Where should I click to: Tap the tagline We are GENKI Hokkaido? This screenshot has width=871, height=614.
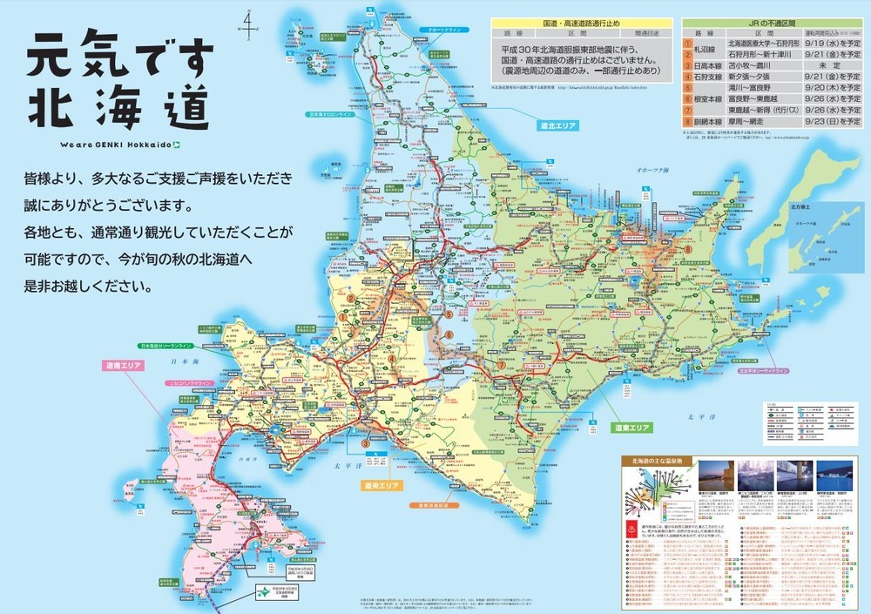tap(120, 145)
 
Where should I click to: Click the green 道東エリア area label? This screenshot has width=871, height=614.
tap(631, 428)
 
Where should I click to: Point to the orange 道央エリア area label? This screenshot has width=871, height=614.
tap(381, 484)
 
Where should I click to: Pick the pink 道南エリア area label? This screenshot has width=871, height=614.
tap(123, 365)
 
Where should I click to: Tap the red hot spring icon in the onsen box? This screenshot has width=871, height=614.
tap(631, 528)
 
